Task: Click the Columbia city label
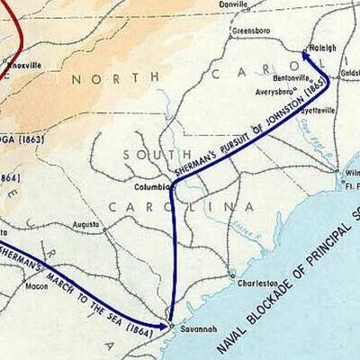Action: coord(150,187)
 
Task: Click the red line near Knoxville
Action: coord(18,36)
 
